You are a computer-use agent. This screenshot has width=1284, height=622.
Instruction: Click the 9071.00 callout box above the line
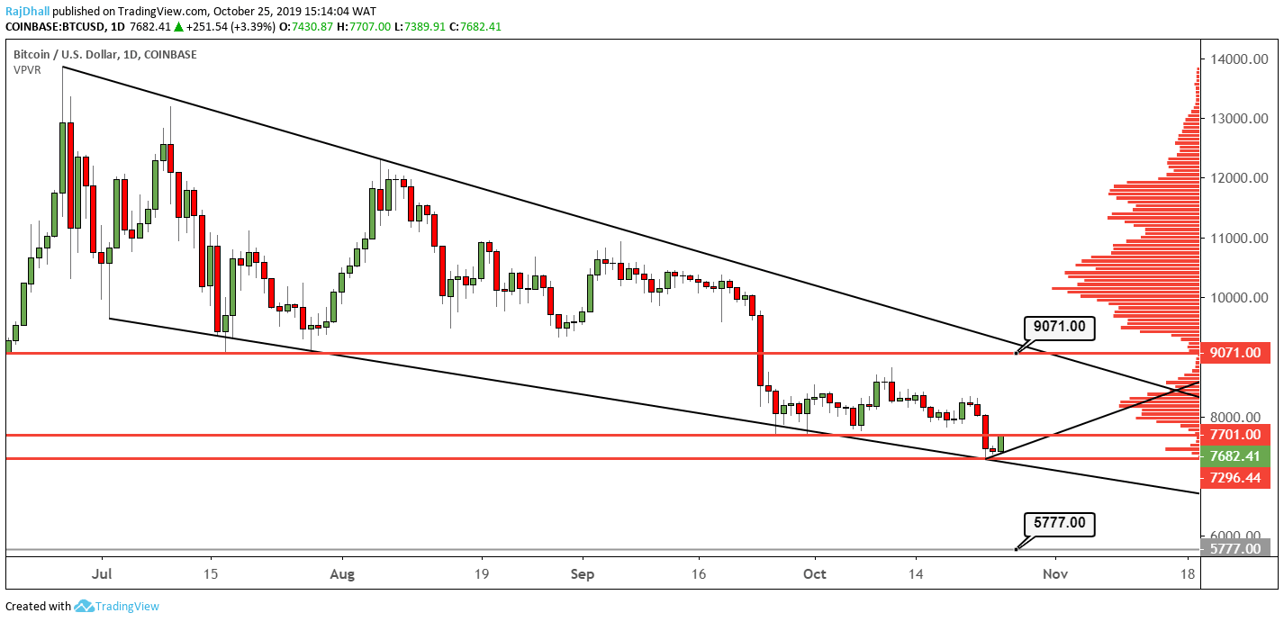[1059, 328]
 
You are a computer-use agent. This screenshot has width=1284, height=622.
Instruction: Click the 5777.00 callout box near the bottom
[1059, 523]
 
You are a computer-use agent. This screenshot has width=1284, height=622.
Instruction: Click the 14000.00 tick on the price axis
[1234, 59]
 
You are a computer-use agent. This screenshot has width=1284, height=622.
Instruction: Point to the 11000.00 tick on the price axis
[1234, 239]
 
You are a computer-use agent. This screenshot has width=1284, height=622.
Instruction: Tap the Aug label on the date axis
[342, 572]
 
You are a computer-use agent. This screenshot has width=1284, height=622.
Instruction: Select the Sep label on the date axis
[583, 572]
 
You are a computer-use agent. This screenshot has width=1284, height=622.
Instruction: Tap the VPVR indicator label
[27, 69]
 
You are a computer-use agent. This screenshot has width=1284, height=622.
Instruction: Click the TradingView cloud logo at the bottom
[85, 606]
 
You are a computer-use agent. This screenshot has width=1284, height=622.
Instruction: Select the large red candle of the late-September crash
[760, 350]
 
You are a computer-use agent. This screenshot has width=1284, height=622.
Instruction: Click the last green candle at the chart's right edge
[1000, 443]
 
